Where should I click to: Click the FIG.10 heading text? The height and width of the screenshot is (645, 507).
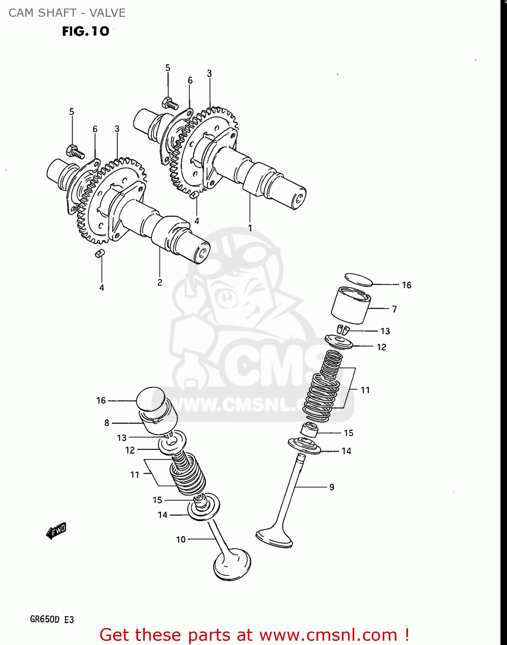86,31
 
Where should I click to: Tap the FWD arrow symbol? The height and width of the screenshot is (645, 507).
56,531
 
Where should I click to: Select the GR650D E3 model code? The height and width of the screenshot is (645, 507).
52,620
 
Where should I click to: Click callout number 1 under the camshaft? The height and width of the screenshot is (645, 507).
250,228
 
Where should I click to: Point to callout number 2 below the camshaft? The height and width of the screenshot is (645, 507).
160,283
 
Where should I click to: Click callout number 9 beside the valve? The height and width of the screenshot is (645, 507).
332,487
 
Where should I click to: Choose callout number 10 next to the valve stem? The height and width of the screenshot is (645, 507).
181,539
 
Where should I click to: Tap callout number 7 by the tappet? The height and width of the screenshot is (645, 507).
394,309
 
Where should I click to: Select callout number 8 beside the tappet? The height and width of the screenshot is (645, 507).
107,423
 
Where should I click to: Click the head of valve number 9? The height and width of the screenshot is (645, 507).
274,537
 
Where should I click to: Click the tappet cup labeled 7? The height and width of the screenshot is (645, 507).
350,306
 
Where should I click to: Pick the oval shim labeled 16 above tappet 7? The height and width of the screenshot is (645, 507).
359,279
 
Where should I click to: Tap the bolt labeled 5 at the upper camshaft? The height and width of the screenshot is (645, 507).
170,103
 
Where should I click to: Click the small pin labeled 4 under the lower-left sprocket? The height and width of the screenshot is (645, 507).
100,254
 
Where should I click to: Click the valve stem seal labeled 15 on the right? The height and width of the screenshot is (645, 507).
309,430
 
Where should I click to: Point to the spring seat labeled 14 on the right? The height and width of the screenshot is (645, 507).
304,446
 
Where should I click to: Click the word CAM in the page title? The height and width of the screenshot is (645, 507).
21,13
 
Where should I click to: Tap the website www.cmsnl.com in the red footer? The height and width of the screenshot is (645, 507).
328,635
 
